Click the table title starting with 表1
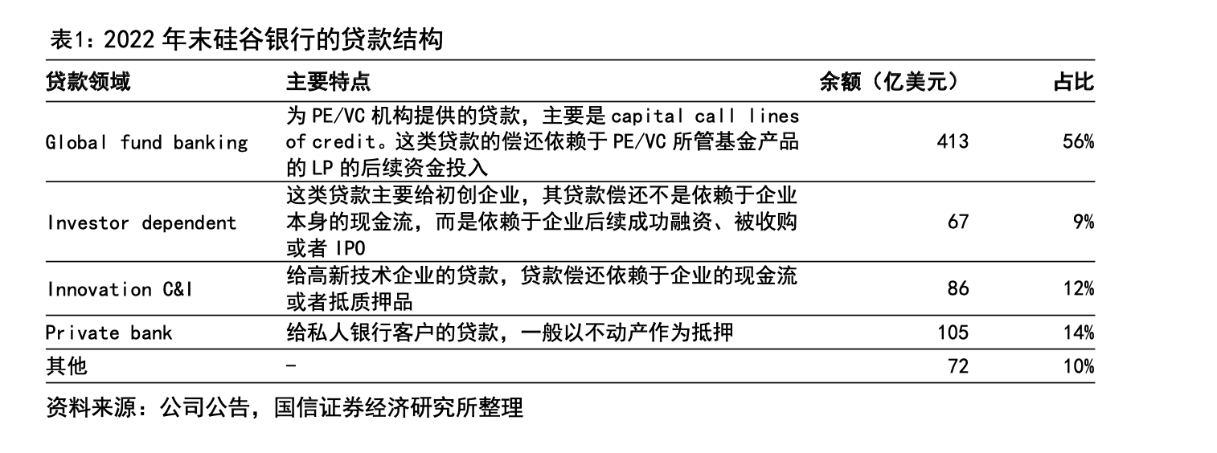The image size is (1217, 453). click(246, 39)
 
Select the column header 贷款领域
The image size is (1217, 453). click(88, 82)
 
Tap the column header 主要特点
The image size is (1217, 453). click(329, 82)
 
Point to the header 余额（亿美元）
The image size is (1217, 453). click(889, 82)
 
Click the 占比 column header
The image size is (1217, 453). click(1074, 82)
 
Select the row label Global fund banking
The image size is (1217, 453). click(147, 143)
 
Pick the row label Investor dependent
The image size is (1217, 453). click(141, 222)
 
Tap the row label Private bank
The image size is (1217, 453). click(109, 333)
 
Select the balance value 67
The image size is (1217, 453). click(958, 222)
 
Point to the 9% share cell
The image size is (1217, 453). click(1083, 222)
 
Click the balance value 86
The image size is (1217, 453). click(958, 289)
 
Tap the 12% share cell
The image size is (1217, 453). click(1077, 289)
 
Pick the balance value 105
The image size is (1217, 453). click(953, 333)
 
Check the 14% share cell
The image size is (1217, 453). click(1077, 333)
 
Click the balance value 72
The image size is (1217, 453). click(958, 366)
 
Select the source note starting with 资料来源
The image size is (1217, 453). click(285, 407)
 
